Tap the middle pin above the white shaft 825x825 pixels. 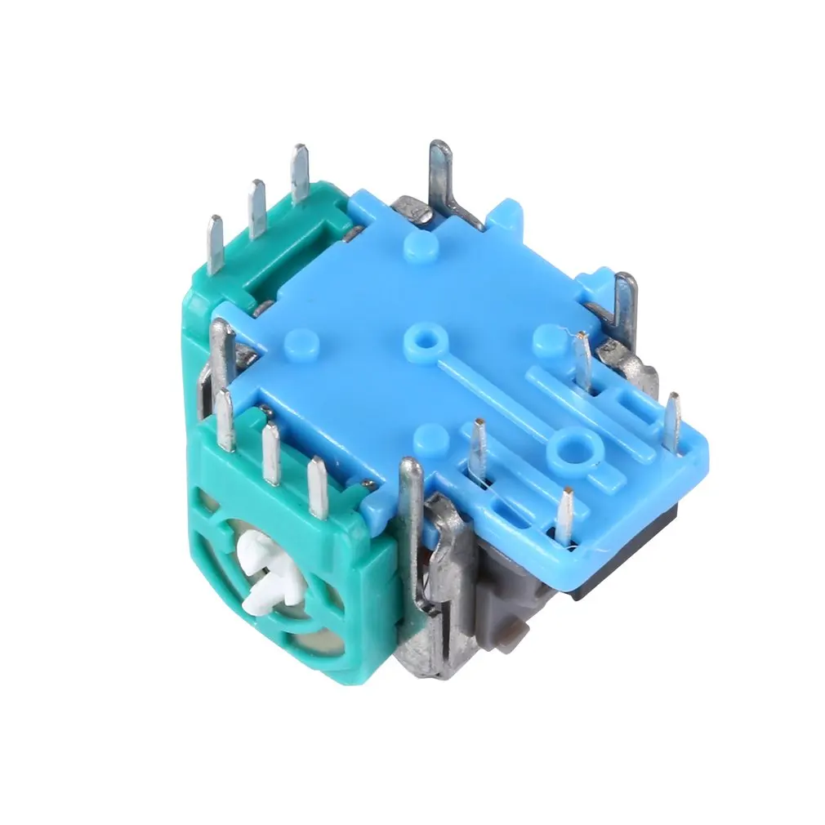pyautogui.click(x=270, y=454)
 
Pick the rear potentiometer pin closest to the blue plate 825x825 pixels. pyautogui.click(x=301, y=172)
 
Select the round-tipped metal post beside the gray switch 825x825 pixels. pyautogui.click(x=410, y=490)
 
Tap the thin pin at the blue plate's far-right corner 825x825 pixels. pyautogui.click(x=672, y=421)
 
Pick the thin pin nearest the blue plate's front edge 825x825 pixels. pyautogui.click(x=564, y=515)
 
